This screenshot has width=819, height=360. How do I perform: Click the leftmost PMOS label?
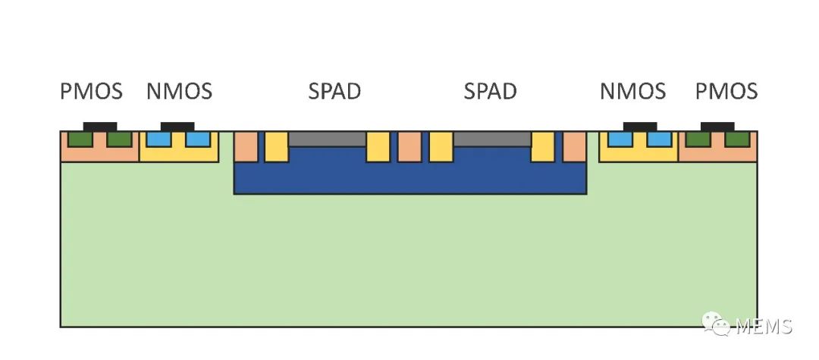click(x=91, y=92)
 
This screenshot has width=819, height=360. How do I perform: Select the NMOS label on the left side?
click(x=179, y=92)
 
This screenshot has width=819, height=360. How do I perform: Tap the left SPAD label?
click(x=334, y=92)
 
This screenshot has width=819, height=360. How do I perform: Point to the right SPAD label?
click(x=490, y=92)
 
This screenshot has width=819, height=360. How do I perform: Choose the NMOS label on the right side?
click(x=632, y=92)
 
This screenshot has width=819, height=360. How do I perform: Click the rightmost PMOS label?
click(x=726, y=92)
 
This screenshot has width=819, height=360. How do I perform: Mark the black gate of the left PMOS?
click(x=99, y=126)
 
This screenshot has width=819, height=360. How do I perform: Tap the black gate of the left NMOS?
click(x=178, y=126)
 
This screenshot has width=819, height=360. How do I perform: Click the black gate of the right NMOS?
click(x=639, y=126)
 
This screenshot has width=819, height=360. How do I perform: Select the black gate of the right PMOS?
click(x=717, y=126)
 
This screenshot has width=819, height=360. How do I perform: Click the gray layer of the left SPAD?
click(x=327, y=139)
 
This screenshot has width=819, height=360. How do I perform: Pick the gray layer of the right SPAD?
click(x=491, y=139)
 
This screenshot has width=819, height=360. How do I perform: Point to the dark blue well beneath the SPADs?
click(x=409, y=177)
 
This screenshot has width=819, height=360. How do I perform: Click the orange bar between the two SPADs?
click(x=409, y=146)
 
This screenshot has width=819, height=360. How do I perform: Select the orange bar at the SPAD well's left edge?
click(x=246, y=146)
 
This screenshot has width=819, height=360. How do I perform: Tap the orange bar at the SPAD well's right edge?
click(x=574, y=146)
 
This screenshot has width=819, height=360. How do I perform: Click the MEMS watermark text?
click(x=762, y=327)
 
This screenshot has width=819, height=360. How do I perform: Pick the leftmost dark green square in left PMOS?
click(x=79, y=139)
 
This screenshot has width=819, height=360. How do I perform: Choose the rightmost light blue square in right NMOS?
click(x=659, y=139)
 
